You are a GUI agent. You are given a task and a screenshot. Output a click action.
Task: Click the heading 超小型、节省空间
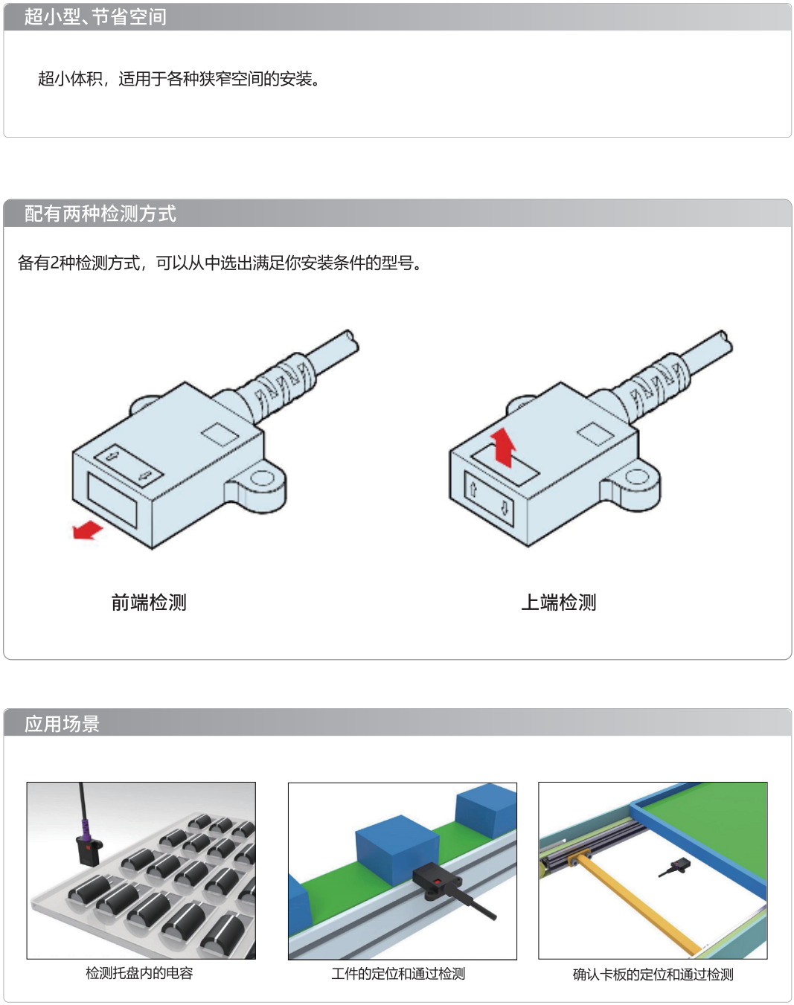pos(95,17)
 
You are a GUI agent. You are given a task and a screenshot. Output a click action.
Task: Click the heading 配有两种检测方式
pos(100,214)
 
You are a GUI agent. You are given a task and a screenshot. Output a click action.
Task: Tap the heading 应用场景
pos(62,724)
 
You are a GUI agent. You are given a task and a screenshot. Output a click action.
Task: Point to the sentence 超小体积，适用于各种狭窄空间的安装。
pos(179,79)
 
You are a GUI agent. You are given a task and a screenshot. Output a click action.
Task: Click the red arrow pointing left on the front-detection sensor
pos(87,530)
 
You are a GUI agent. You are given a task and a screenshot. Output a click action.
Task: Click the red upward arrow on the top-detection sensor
pos(503,447)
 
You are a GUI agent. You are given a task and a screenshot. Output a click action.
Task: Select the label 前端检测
pos(149,603)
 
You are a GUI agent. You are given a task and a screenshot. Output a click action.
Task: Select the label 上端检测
pos(559,603)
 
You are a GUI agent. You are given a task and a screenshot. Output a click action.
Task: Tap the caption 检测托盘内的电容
pos(139,973)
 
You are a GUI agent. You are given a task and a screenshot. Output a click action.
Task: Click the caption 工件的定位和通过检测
pos(398,974)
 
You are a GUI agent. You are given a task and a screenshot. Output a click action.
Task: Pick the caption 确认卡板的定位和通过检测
pos(653,975)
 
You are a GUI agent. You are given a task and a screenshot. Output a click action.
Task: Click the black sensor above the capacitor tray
pos(89,851)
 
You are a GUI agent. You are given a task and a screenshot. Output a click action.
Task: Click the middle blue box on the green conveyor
pos(397,851)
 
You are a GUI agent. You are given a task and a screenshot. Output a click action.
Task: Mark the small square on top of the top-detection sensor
pos(595,434)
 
